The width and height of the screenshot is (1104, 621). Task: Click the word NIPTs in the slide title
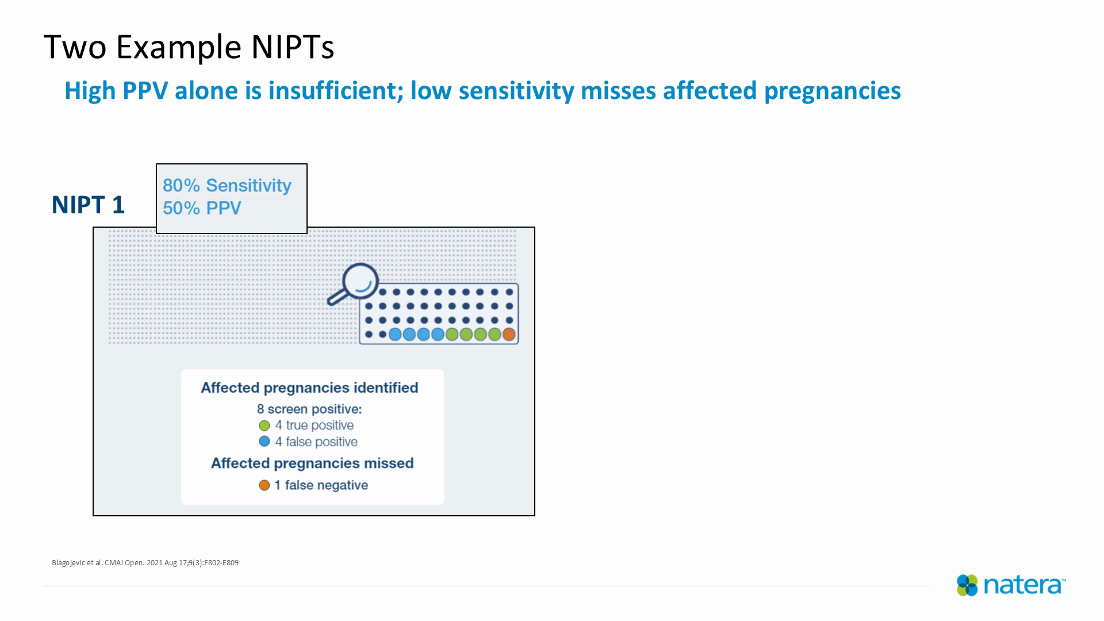[x=292, y=47]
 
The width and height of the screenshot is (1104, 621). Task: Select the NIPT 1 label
[x=88, y=205]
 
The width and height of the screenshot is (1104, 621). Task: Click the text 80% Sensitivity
[x=227, y=185]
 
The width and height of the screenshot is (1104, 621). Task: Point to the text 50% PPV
[x=202, y=208]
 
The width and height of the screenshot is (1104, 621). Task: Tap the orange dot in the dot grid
[x=509, y=334]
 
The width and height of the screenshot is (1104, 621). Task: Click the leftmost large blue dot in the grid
[x=395, y=334]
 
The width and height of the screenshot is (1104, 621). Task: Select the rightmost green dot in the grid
[x=494, y=334]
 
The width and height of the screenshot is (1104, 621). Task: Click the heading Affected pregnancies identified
[x=309, y=388]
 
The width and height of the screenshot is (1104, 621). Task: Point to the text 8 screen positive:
[x=309, y=409]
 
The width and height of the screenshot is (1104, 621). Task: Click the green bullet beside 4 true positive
[x=264, y=425]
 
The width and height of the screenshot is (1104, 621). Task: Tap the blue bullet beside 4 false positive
[x=264, y=442]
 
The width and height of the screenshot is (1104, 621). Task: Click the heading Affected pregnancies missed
[x=312, y=463]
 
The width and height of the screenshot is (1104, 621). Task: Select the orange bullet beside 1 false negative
[x=264, y=485]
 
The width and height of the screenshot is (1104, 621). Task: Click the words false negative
[x=326, y=485]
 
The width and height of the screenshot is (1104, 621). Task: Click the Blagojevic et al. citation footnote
[x=145, y=563]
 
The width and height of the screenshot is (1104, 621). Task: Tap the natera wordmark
[x=1023, y=585]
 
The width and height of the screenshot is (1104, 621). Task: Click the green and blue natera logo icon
[x=967, y=585]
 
